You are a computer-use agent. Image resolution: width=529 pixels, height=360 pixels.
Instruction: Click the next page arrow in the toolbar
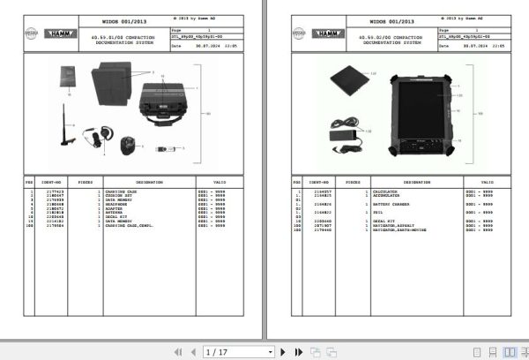[285, 351]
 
